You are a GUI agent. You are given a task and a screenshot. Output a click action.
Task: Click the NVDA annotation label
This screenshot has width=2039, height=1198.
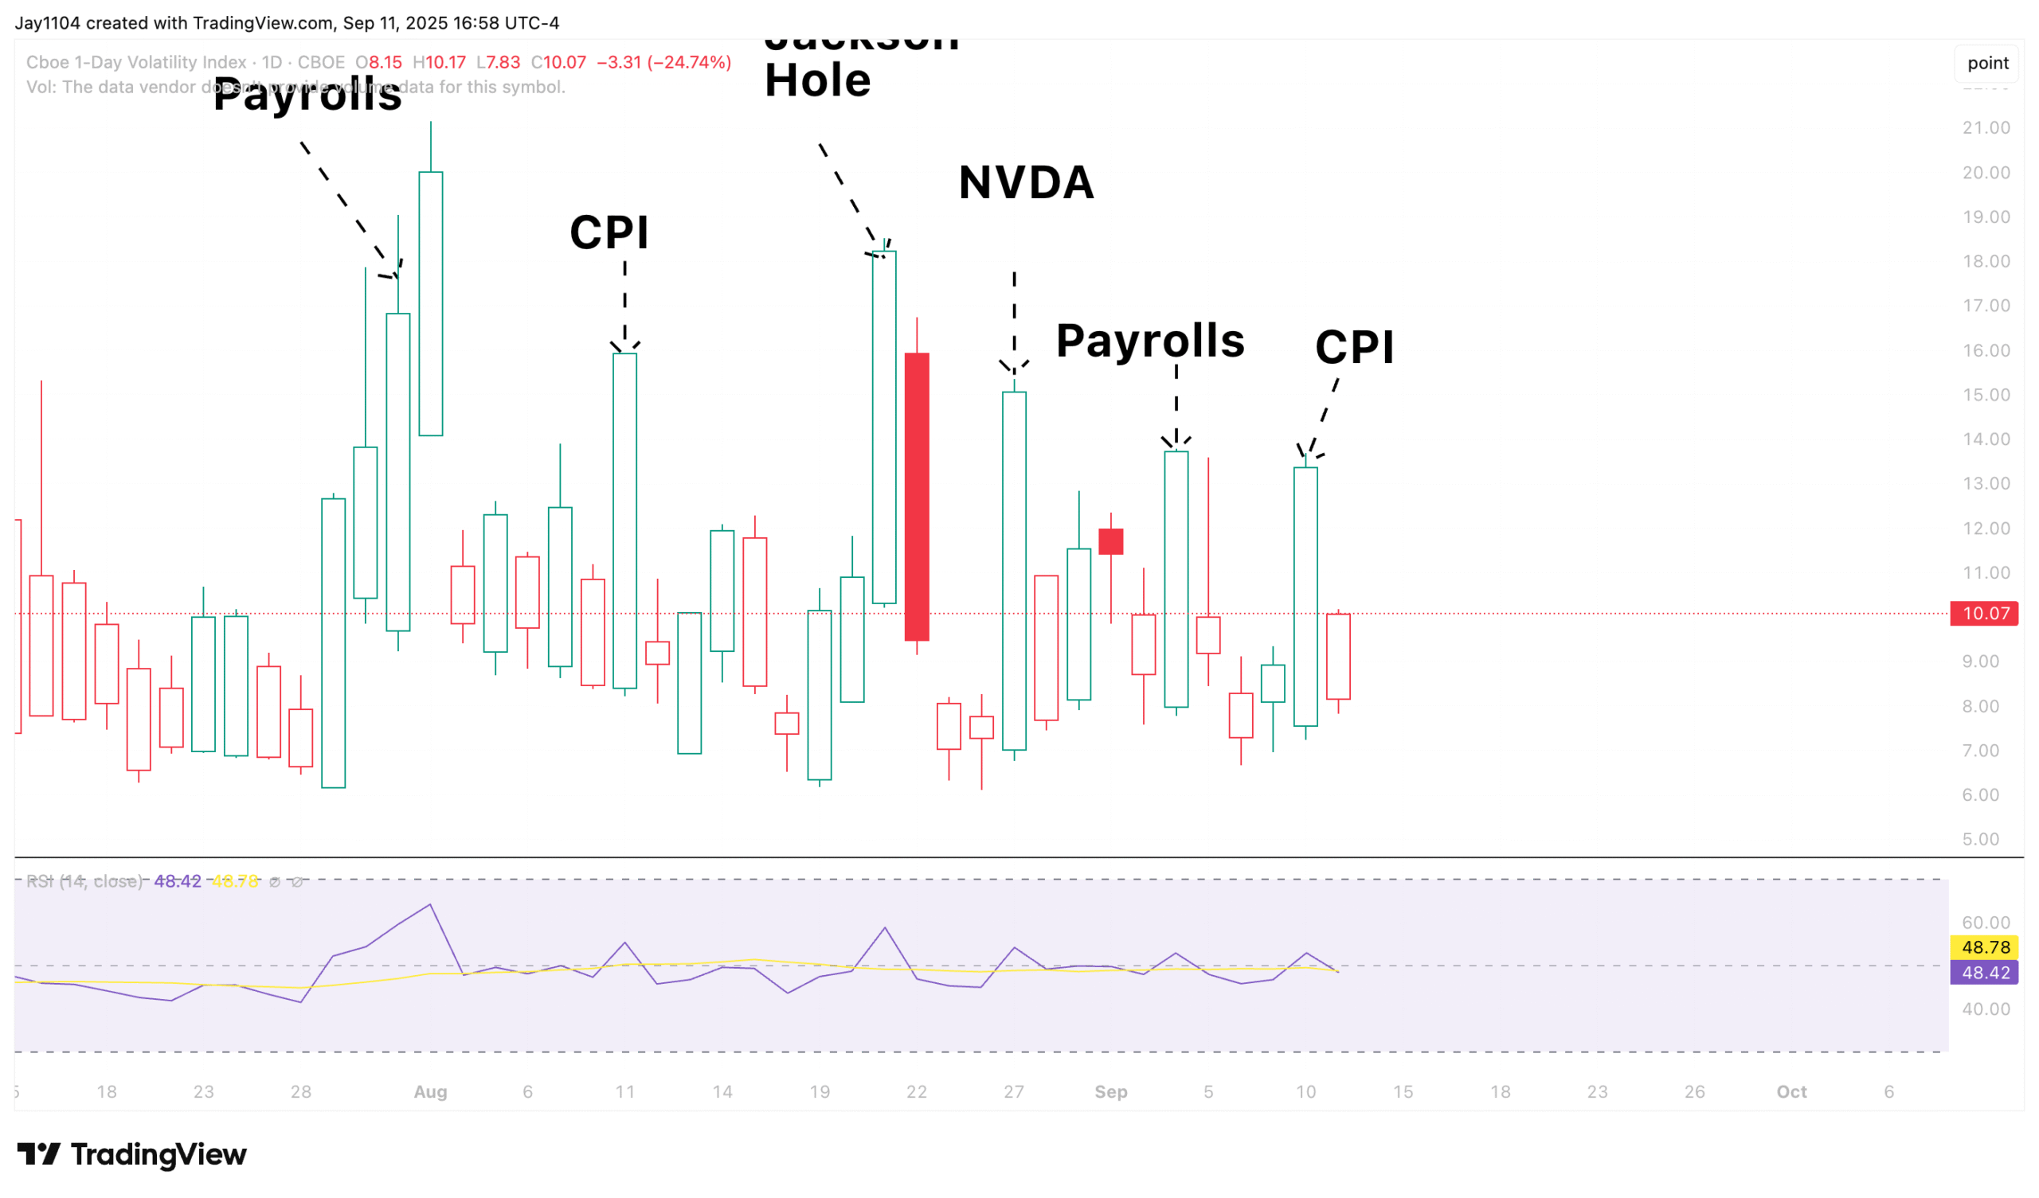[x=1026, y=183]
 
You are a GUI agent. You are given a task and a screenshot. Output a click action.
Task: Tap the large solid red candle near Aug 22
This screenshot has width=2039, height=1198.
[x=917, y=497]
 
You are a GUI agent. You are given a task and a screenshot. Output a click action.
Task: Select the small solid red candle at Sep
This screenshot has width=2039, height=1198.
[x=1111, y=541]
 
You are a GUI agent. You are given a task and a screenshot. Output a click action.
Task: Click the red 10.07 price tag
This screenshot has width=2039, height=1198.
[x=1984, y=613]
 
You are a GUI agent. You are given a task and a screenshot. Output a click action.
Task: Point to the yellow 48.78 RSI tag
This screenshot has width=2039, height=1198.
[x=1984, y=947]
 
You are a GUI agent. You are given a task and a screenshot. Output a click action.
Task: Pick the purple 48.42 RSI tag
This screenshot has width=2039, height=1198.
[x=1984, y=973]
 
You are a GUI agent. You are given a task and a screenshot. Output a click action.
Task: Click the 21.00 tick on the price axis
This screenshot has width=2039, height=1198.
[x=1986, y=128]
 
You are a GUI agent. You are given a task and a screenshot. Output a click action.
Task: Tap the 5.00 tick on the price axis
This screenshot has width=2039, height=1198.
[x=1980, y=840]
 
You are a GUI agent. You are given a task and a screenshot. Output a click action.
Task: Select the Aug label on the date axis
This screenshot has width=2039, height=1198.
[x=430, y=1092]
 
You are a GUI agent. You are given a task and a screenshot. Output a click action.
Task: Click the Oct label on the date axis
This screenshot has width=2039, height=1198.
[x=1791, y=1092]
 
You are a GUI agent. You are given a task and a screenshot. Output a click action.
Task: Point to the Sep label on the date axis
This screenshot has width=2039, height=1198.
[x=1111, y=1092]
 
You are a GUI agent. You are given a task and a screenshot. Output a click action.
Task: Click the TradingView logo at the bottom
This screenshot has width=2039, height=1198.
[x=132, y=1154]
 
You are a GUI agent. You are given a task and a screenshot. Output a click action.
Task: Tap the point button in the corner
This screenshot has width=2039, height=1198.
[x=1987, y=63]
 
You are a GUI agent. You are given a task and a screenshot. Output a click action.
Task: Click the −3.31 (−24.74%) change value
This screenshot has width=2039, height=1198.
[x=663, y=62]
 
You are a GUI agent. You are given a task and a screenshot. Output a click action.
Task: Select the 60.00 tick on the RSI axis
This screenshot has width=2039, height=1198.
[x=1986, y=923]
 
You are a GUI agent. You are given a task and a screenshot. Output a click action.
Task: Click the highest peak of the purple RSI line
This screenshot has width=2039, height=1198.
[x=429, y=904]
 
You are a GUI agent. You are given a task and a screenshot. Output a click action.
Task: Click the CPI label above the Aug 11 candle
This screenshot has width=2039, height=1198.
[x=609, y=233]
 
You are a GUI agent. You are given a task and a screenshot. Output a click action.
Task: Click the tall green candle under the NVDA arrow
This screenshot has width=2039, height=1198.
[x=1014, y=570]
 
